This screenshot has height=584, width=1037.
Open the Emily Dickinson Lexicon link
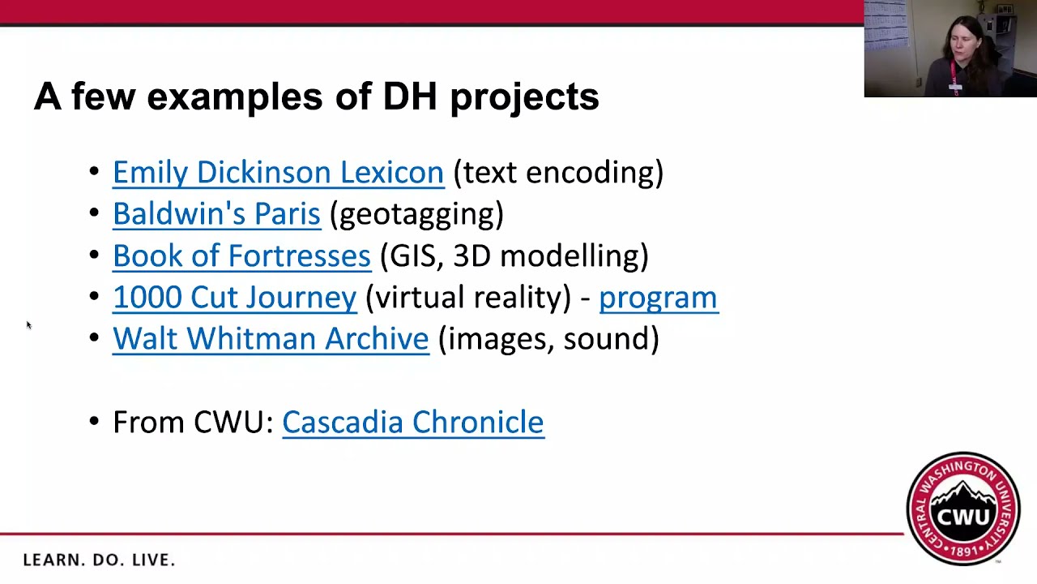[x=278, y=172]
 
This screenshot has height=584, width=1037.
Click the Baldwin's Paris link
[x=216, y=213]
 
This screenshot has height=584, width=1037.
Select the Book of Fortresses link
[x=241, y=255]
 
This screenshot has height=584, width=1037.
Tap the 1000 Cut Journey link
[x=234, y=297]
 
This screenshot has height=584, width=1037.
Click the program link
[x=658, y=297]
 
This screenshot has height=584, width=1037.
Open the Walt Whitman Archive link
[x=271, y=338]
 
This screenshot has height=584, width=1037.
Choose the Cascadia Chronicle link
[x=413, y=422]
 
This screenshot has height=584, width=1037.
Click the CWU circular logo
[x=963, y=509]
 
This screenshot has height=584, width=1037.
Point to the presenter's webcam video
[x=950, y=49]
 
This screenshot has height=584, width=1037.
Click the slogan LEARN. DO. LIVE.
[x=99, y=560]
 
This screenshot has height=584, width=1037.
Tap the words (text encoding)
[x=558, y=172]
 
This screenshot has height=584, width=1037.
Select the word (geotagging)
[x=416, y=214]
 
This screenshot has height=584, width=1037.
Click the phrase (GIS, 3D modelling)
[x=514, y=255]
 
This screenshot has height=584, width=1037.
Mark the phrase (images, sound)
[x=548, y=338]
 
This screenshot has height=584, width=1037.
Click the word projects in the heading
[x=524, y=97]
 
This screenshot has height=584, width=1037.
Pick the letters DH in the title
[x=410, y=97]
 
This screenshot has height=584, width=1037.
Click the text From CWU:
[x=193, y=422]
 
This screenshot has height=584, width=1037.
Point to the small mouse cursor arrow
[x=28, y=325]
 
